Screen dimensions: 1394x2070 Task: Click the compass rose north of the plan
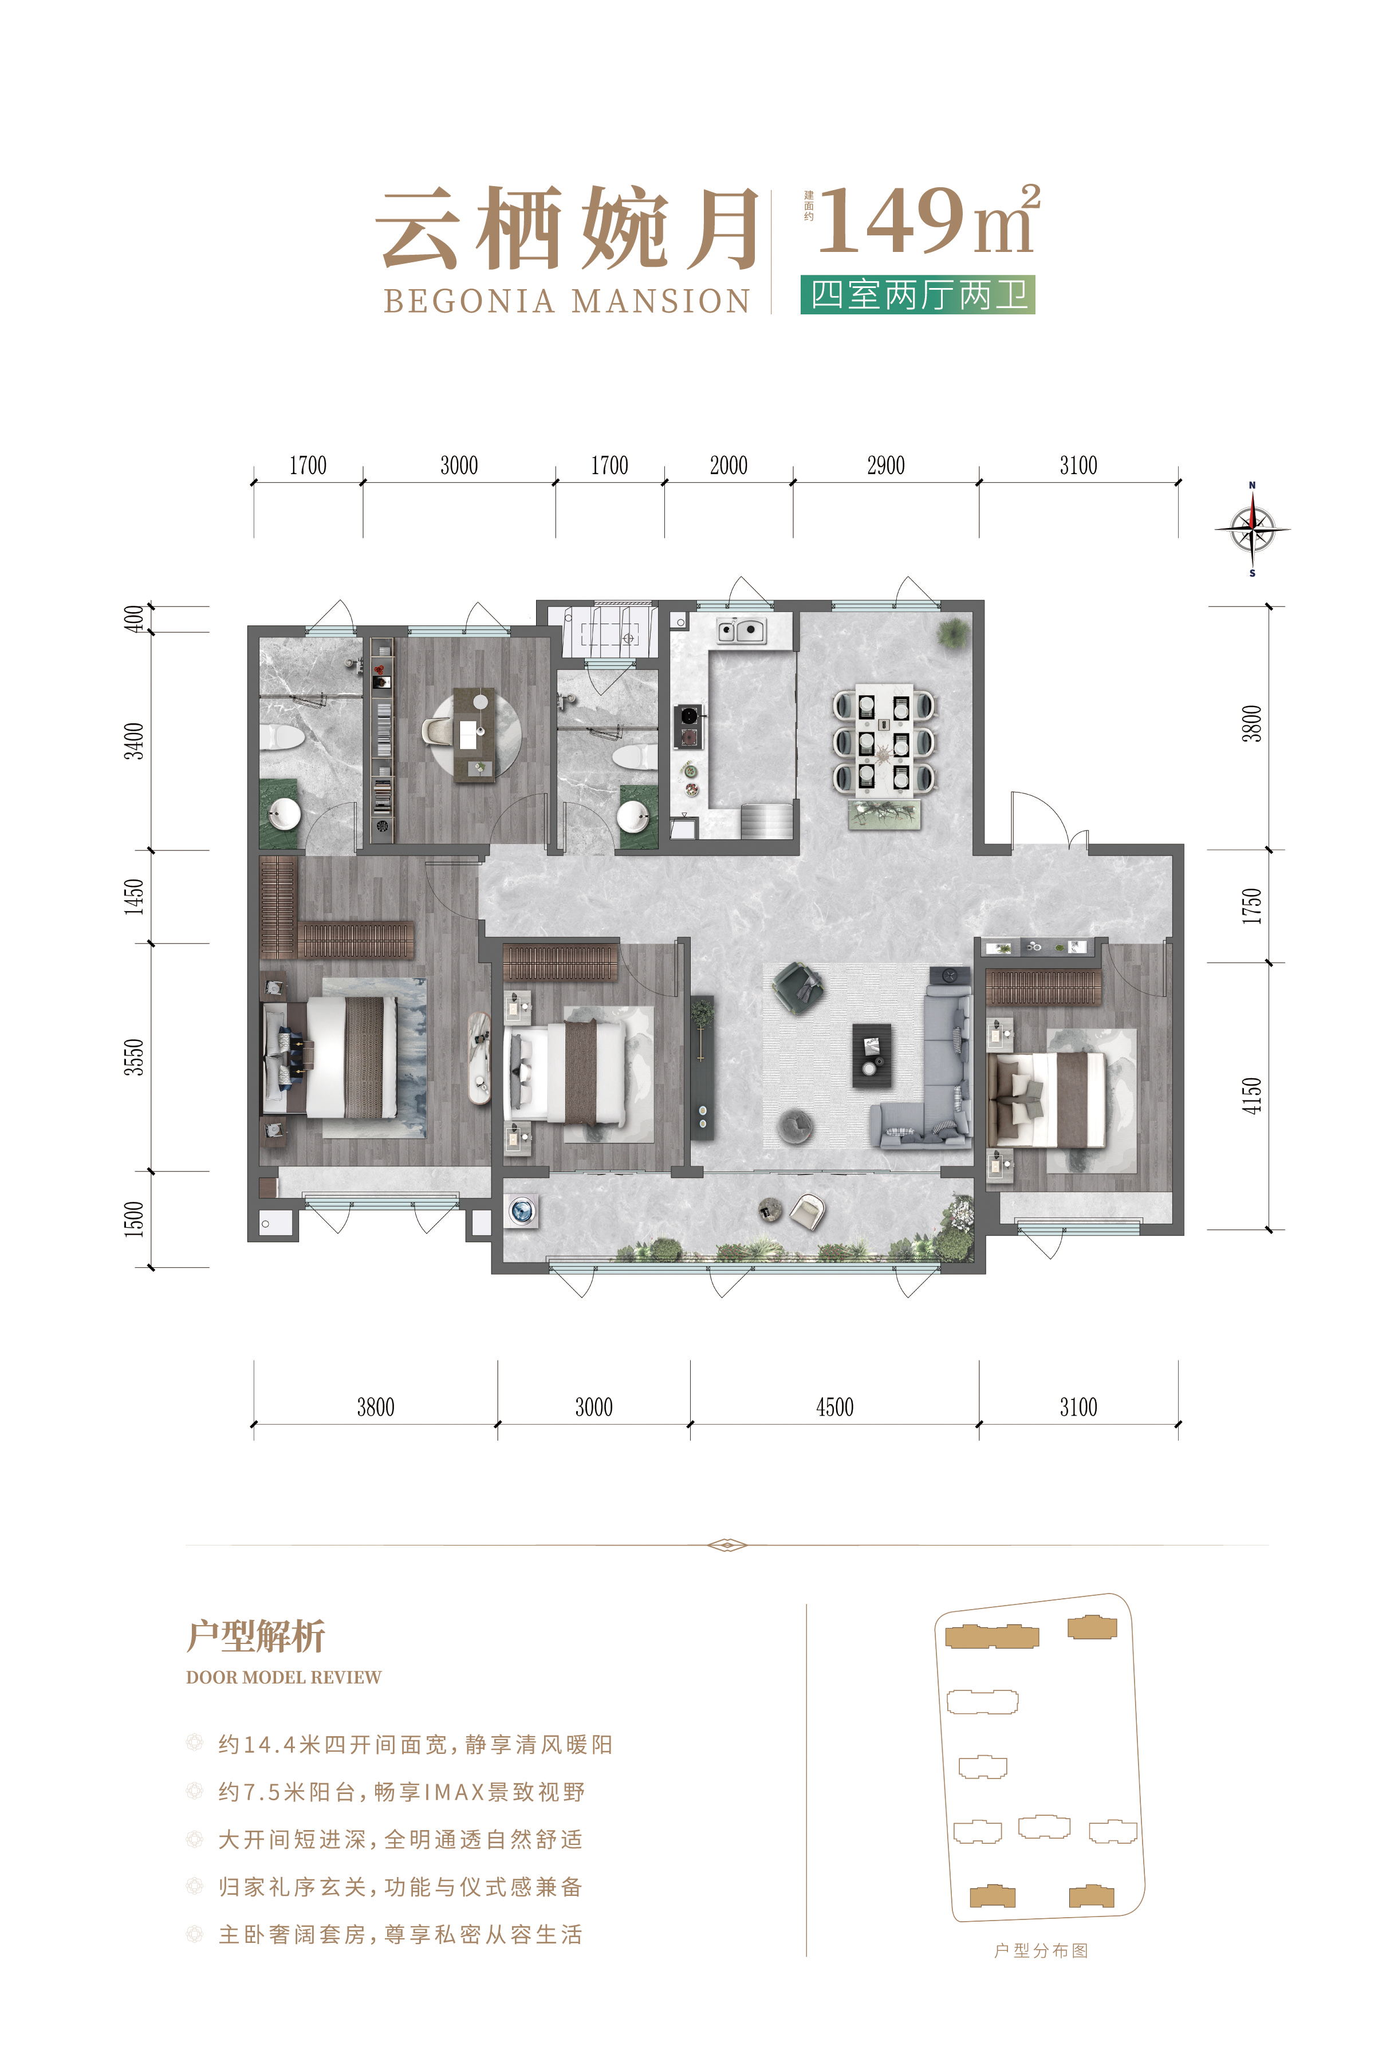pyautogui.click(x=1252, y=530)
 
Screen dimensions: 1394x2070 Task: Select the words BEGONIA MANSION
pyautogui.click(x=567, y=301)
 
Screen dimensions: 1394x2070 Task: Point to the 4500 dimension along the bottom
pyautogui.click(x=835, y=1407)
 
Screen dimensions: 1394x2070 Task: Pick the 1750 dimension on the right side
pyautogui.click(x=1252, y=906)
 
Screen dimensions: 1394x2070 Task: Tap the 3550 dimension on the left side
pyautogui.click(x=133, y=1057)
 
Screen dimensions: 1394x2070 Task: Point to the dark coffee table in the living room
pyautogui.click(x=871, y=1054)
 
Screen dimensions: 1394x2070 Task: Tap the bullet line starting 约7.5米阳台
pyautogui.click(x=402, y=1792)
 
